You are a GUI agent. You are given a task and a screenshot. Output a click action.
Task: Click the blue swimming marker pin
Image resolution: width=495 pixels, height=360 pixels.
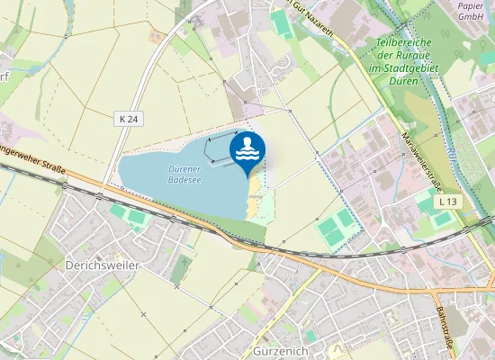pyautogui.click(x=247, y=151)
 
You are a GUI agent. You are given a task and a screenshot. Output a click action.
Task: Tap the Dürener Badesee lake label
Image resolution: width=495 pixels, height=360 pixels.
pyautogui.click(x=184, y=174)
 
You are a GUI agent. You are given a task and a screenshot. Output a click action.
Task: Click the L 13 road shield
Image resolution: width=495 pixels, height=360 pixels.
pyautogui.click(x=447, y=202)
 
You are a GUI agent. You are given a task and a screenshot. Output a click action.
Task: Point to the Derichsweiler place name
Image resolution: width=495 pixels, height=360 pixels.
pyautogui.click(x=102, y=266)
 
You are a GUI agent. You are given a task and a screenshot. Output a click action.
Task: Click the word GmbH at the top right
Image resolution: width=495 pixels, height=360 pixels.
pyautogui.click(x=470, y=16)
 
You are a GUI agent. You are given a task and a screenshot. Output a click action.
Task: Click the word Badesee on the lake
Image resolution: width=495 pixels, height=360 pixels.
pyautogui.click(x=184, y=179)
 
